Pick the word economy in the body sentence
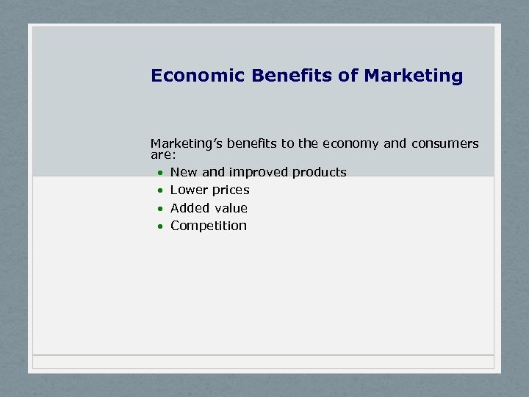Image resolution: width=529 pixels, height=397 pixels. tap(350, 144)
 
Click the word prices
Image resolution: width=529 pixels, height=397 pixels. tap(229, 190)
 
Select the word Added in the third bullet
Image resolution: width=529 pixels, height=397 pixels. tap(189, 208)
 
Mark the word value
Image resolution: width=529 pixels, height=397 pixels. tap(230, 208)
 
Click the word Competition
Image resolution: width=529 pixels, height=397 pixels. tap(209, 226)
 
